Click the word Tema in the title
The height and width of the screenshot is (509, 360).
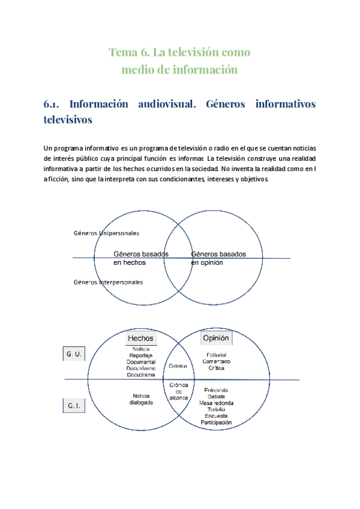[x=122, y=52]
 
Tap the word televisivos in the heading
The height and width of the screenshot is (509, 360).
[x=68, y=119]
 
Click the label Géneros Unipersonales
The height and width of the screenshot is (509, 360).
[x=106, y=233]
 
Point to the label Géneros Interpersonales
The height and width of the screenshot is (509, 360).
[x=108, y=282]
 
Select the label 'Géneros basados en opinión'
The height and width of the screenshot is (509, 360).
[x=218, y=258]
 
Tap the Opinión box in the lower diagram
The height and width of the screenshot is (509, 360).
[x=216, y=339]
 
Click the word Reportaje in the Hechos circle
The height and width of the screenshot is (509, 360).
[x=141, y=355]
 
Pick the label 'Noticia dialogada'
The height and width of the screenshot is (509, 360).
[x=141, y=399]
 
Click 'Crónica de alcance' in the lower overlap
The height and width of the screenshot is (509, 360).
[x=179, y=391]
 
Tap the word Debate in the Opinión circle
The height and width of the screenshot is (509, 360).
[x=216, y=397]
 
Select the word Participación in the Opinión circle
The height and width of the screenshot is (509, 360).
[x=216, y=423]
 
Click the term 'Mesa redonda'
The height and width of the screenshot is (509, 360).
[x=216, y=403]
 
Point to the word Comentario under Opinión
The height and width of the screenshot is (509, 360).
[x=216, y=362]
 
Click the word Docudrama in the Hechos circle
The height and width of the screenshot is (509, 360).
[x=141, y=375]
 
